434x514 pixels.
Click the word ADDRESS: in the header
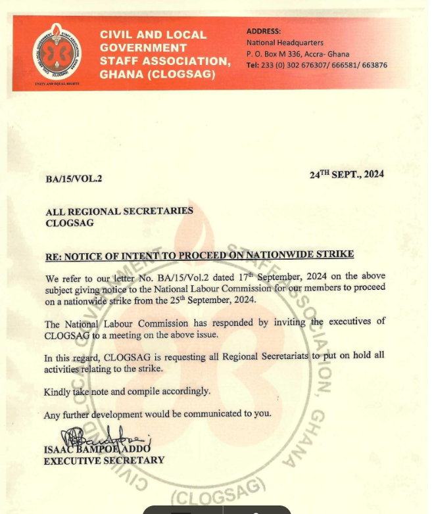(263, 31)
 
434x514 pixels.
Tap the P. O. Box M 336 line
(298, 54)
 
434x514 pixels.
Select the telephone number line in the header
(316, 65)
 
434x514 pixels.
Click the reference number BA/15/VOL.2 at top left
(74, 178)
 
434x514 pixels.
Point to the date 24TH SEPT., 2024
(347, 174)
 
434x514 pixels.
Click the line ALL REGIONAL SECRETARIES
(119, 212)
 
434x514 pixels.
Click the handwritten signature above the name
(105, 437)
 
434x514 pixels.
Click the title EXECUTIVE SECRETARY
(104, 461)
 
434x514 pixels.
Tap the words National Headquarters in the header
(284, 43)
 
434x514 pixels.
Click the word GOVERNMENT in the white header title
(143, 48)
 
